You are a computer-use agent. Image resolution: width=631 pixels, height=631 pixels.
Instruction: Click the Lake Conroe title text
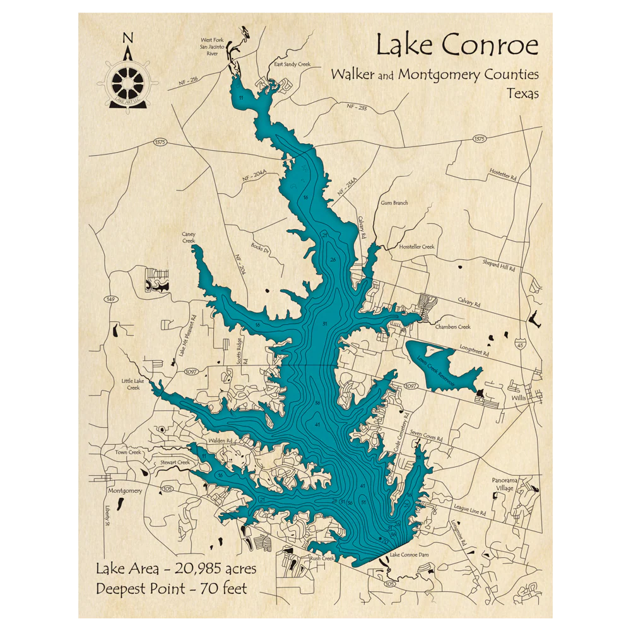[457, 45]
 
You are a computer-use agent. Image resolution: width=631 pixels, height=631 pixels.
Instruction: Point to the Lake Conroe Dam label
[411, 555]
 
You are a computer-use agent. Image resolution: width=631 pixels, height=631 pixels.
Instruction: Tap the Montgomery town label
[124, 490]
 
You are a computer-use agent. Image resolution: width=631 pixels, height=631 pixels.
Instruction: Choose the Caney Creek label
[189, 237]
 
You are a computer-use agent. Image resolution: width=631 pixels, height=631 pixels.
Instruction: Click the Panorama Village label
[504, 483]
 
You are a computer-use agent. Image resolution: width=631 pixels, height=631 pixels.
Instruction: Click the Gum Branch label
[394, 203]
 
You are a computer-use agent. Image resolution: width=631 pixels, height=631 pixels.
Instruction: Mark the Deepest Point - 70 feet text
[171, 589]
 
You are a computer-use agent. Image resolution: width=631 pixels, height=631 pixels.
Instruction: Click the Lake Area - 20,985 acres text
[176, 569]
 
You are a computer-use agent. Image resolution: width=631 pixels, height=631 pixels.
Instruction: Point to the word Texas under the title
[522, 93]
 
